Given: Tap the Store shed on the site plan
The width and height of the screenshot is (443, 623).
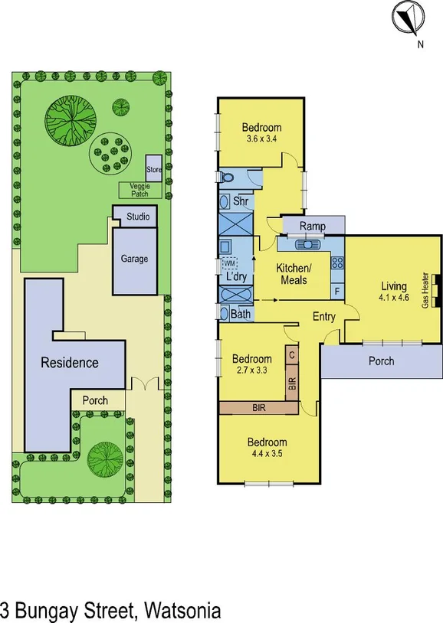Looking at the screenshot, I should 153,168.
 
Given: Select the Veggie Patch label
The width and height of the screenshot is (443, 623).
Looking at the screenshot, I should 139,190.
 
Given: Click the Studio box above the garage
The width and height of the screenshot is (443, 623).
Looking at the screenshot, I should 138,217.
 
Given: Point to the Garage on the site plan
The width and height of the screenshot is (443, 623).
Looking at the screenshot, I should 134,259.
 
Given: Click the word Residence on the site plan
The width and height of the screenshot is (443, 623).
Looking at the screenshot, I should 69,362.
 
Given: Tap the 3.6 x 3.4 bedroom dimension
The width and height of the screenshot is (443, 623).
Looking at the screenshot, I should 261,140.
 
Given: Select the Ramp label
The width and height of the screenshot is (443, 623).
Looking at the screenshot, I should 312,226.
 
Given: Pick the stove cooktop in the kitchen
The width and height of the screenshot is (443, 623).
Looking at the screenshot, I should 336,263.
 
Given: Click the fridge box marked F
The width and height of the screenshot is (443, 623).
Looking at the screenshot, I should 336,291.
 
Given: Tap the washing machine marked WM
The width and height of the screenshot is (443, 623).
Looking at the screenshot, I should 228,263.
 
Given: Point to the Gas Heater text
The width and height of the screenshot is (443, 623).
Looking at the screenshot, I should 425,290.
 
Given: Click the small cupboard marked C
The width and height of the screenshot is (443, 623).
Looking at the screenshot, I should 292,355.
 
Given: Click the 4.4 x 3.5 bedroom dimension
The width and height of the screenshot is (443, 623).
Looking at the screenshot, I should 266,454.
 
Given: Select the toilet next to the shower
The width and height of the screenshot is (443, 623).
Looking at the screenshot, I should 228,178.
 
